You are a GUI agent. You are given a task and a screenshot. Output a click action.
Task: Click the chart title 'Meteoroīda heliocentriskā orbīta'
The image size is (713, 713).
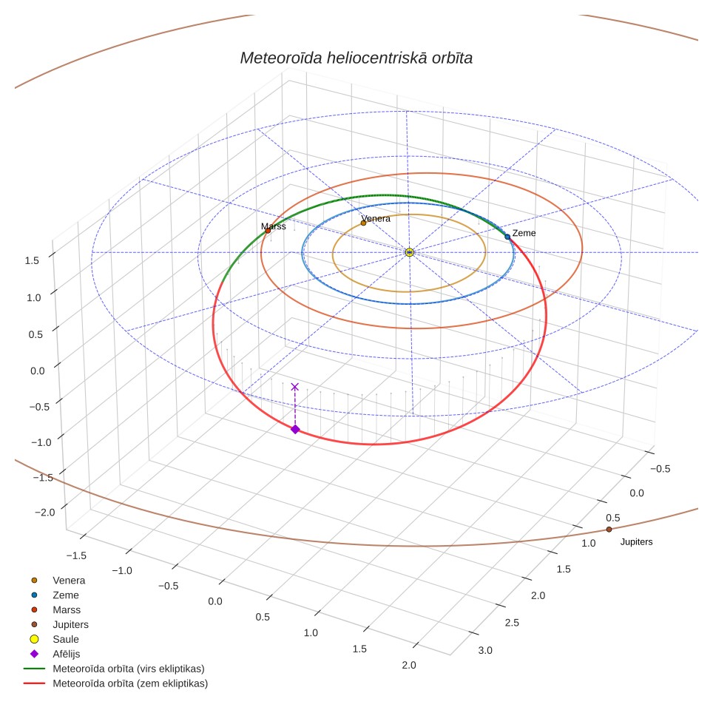356,58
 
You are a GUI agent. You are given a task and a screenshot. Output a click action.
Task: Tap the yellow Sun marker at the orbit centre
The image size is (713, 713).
409,252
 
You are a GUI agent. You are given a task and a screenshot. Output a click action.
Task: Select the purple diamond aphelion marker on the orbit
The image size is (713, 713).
295,429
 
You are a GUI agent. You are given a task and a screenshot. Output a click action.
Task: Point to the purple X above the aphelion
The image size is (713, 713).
294,387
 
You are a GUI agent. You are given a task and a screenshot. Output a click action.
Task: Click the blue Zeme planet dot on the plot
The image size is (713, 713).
507,237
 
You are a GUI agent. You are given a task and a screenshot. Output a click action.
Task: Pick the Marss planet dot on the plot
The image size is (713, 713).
268,231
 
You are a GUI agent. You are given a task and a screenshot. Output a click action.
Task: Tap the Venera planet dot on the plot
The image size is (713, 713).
363,223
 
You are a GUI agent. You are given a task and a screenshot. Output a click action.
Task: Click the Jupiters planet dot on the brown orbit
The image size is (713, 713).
609,530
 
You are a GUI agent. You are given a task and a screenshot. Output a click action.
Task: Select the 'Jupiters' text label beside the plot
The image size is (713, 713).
636,541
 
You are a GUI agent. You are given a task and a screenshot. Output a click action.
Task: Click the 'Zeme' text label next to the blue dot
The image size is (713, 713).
524,233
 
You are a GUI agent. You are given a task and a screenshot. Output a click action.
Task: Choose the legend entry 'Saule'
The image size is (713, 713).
66,639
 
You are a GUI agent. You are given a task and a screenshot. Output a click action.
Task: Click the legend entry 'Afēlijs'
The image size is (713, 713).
67,654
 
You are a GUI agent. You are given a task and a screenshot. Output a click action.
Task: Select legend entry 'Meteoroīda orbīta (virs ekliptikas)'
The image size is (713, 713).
129,669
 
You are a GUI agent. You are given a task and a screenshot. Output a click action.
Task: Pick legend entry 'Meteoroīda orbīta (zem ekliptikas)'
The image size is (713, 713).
130,683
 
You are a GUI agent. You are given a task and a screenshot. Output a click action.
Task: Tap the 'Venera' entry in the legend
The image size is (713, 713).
69,580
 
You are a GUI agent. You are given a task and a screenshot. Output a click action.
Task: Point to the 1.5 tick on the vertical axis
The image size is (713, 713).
32,260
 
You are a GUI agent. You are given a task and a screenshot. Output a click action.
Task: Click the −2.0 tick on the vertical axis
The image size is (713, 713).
44,513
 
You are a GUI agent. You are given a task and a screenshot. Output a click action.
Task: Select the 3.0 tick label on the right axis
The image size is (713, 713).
485,650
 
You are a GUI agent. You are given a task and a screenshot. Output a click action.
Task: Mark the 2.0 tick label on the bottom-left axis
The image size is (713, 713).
409,665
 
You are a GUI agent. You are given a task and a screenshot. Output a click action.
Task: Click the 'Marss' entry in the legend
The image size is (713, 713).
67,609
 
